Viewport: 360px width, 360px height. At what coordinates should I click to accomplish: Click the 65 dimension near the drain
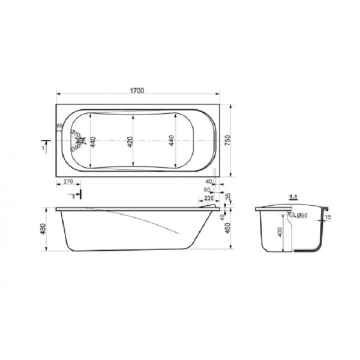pyautogui.click(x=59, y=125)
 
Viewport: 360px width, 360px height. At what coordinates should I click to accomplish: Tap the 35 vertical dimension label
pyautogui.click(x=228, y=196)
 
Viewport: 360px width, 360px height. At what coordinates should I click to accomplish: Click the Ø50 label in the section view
pyautogui.click(x=301, y=215)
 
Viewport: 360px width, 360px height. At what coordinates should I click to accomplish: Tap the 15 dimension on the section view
pyautogui.click(x=328, y=217)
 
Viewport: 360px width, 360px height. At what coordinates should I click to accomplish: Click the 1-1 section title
pyautogui.click(x=294, y=196)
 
